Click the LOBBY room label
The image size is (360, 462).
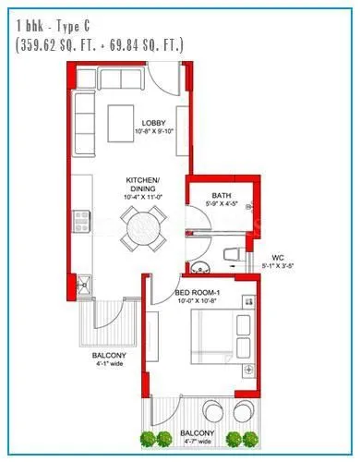point(152,123)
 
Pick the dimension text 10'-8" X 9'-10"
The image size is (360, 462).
point(152,132)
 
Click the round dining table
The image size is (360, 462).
point(144,226)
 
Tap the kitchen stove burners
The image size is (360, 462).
point(81,219)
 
